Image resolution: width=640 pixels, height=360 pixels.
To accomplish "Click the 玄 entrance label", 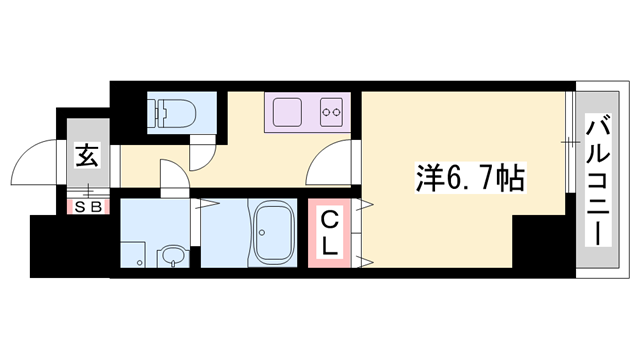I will [87, 155].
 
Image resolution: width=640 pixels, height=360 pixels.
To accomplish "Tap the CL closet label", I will [328, 234].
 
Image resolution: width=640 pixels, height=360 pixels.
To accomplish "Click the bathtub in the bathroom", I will [272, 236].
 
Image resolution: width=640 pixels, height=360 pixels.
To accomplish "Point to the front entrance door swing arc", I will [40, 160].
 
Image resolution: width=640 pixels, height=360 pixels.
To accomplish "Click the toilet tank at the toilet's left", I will [156, 111].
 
